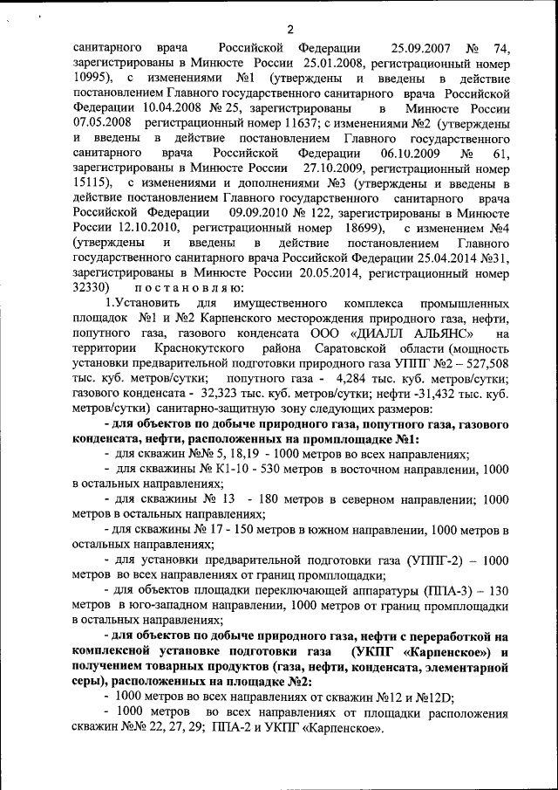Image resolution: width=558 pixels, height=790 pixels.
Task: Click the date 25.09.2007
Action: [423, 48]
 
